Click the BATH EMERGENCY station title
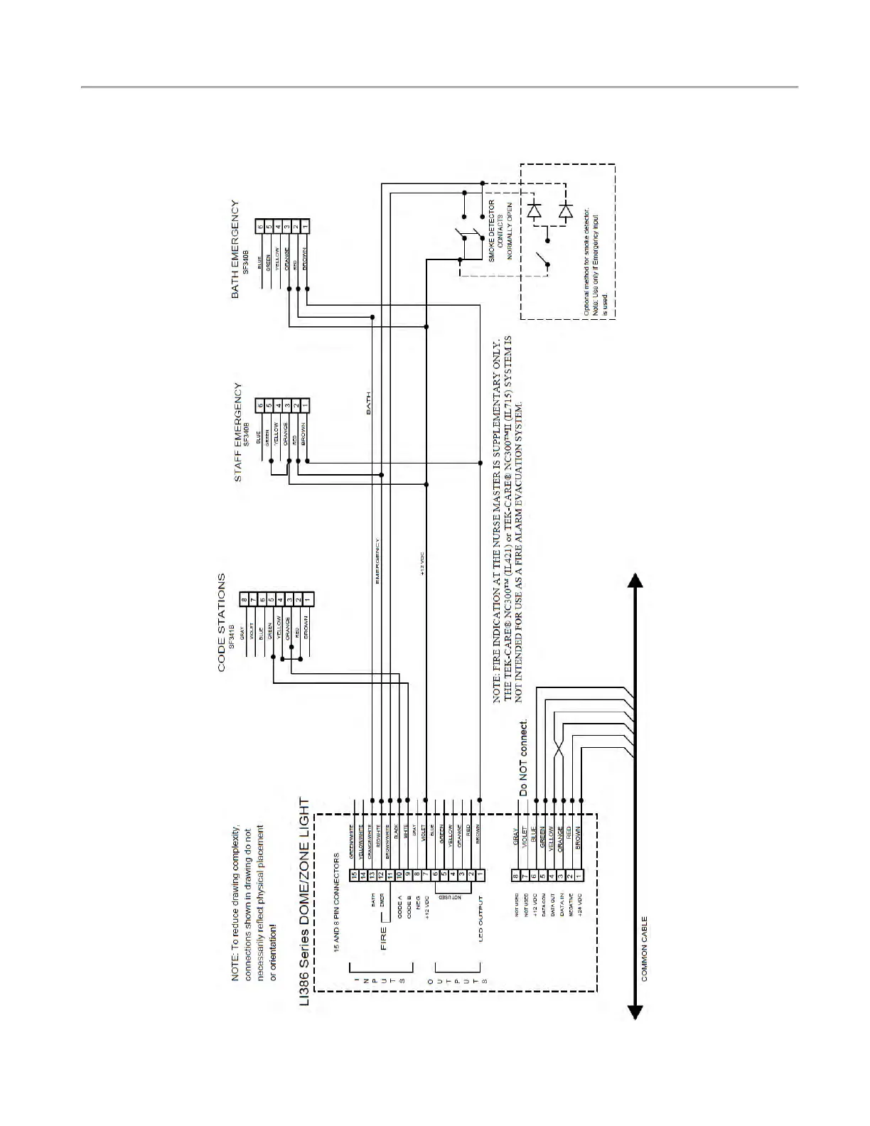(235, 249)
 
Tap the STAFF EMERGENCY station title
(238, 432)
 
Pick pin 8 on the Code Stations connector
(245, 601)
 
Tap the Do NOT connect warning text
(524, 758)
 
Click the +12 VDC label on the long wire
(422, 564)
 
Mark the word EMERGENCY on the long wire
(377, 561)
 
